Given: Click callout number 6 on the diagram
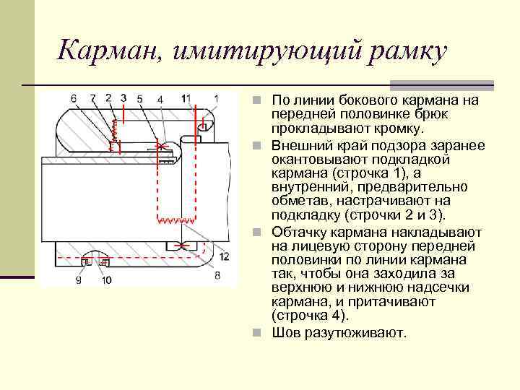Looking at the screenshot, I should tap(74, 98).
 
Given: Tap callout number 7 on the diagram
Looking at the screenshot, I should tap(93, 98).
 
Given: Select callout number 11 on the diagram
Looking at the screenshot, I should tap(186, 97).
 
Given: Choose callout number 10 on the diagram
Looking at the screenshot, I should tap(107, 280).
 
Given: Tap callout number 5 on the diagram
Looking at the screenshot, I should tap(139, 98).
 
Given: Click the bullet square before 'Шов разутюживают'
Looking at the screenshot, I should tap(264, 334).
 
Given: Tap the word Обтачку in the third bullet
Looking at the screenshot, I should tap(298, 232).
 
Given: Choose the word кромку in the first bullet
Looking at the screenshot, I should tap(398, 129).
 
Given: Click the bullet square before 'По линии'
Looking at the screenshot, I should tap(264, 100).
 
